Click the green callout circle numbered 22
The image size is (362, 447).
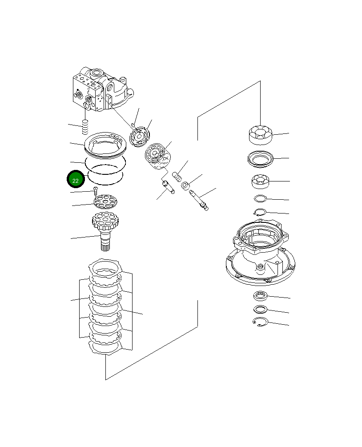coord(75,180)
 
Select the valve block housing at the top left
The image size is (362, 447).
coord(100,89)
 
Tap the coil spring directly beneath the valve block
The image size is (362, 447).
coord(85,129)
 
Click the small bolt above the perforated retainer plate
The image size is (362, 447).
coord(95,191)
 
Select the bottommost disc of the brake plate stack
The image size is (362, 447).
coord(106,347)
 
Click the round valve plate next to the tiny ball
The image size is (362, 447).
coord(141,135)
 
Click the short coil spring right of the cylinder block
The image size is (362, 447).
coord(177,177)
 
